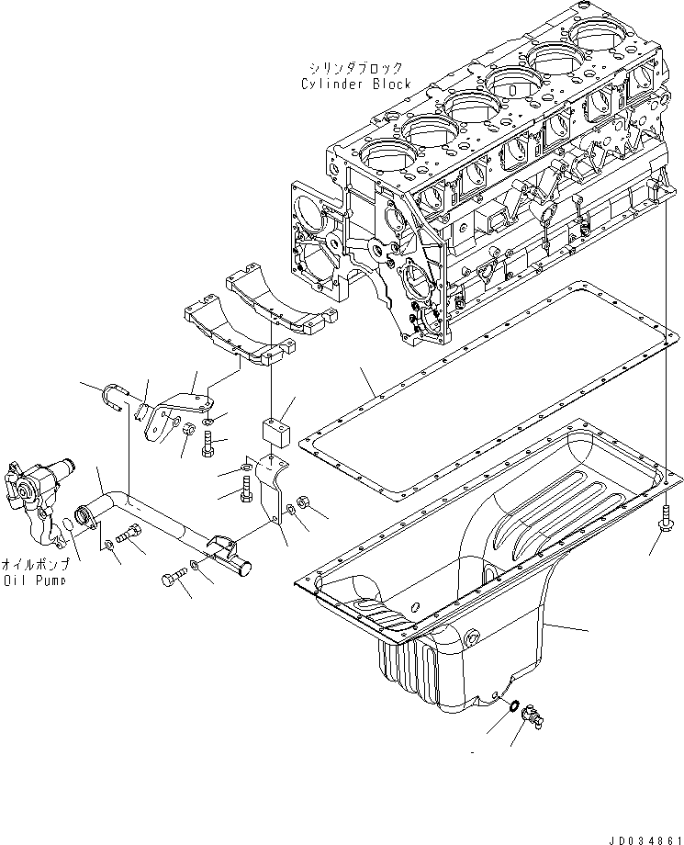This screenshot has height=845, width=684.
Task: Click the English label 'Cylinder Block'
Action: (x=356, y=84)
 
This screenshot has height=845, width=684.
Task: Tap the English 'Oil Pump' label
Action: (x=33, y=580)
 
